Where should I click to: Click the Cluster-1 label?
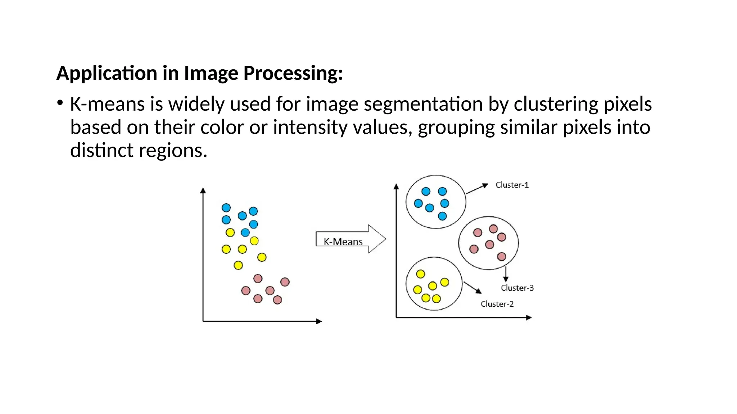512,185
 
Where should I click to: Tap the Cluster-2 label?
497,304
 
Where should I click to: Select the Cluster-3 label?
517,288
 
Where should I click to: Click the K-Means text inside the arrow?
343,242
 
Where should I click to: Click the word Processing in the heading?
293,73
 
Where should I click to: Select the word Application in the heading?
107,73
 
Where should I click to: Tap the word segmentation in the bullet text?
423,104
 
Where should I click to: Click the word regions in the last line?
173,151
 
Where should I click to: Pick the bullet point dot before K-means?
60,103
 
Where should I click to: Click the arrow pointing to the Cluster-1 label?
477,189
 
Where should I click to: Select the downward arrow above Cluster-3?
506,275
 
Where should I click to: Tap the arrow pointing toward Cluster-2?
473,287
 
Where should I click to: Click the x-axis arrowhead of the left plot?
319,321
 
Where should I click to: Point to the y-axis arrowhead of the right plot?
396,187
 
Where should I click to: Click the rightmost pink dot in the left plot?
285,282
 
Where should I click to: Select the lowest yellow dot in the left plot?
238,266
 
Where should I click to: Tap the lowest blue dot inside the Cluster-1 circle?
442,216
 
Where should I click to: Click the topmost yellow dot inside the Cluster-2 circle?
420,274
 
